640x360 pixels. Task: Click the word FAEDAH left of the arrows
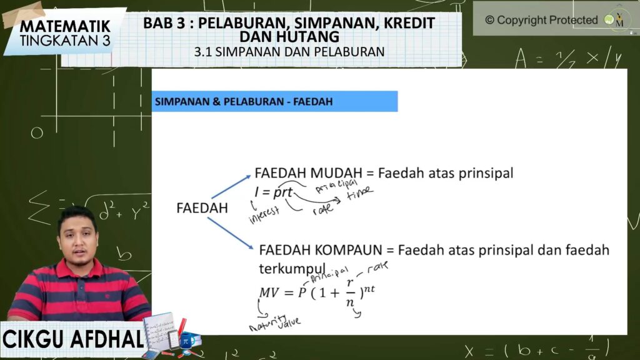tap(202, 207)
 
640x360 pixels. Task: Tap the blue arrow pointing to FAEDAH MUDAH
tap(231, 187)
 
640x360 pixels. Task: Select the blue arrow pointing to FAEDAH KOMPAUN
tap(231, 234)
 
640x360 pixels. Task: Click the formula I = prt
tap(274, 192)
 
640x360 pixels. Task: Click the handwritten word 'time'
tap(359, 192)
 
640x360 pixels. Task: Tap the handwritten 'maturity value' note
tap(275, 323)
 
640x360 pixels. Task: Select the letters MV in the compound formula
tap(269, 292)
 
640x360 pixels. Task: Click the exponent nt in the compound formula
tap(369, 289)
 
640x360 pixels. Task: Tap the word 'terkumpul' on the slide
tap(292, 269)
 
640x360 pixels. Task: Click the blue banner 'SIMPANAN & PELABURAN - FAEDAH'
tap(275, 101)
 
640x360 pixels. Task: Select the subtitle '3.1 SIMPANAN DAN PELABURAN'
tap(289, 52)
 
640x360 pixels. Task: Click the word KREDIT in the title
tap(409, 23)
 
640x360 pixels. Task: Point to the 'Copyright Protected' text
tap(541, 20)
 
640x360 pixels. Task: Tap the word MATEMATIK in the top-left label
tap(65, 26)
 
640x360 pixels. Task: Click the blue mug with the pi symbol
tap(186, 341)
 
